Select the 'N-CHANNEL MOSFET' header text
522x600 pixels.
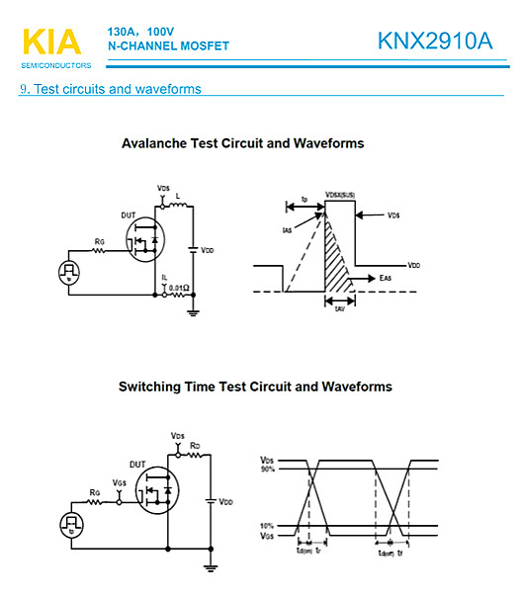pos(167,46)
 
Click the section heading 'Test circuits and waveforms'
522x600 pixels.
pos(117,90)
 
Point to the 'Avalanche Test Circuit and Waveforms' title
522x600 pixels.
pos(242,144)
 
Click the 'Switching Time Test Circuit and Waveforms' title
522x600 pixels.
pos(255,386)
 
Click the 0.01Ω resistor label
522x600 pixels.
pos(179,288)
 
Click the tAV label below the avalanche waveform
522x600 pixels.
pos(339,308)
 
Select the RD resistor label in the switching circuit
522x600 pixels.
pos(196,447)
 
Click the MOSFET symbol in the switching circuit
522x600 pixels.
pos(156,491)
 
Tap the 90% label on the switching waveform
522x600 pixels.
pos(267,469)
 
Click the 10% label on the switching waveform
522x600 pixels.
pos(267,525)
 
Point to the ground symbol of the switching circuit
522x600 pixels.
pos(210,567)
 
